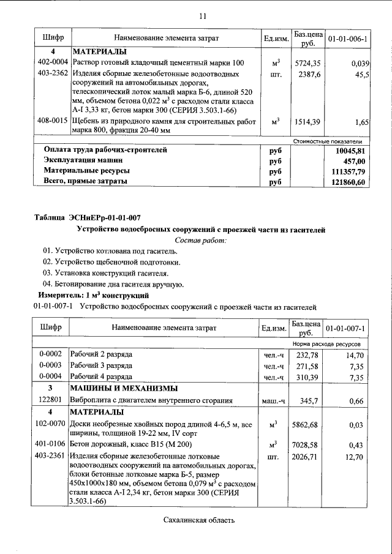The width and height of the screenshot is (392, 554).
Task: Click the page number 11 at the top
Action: click(203, 15)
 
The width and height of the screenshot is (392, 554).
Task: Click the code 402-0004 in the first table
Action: click(53, 62)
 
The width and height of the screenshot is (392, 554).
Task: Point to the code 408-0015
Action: click(53, 121)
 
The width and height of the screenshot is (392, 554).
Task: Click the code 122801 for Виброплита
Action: click(50, 400)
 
